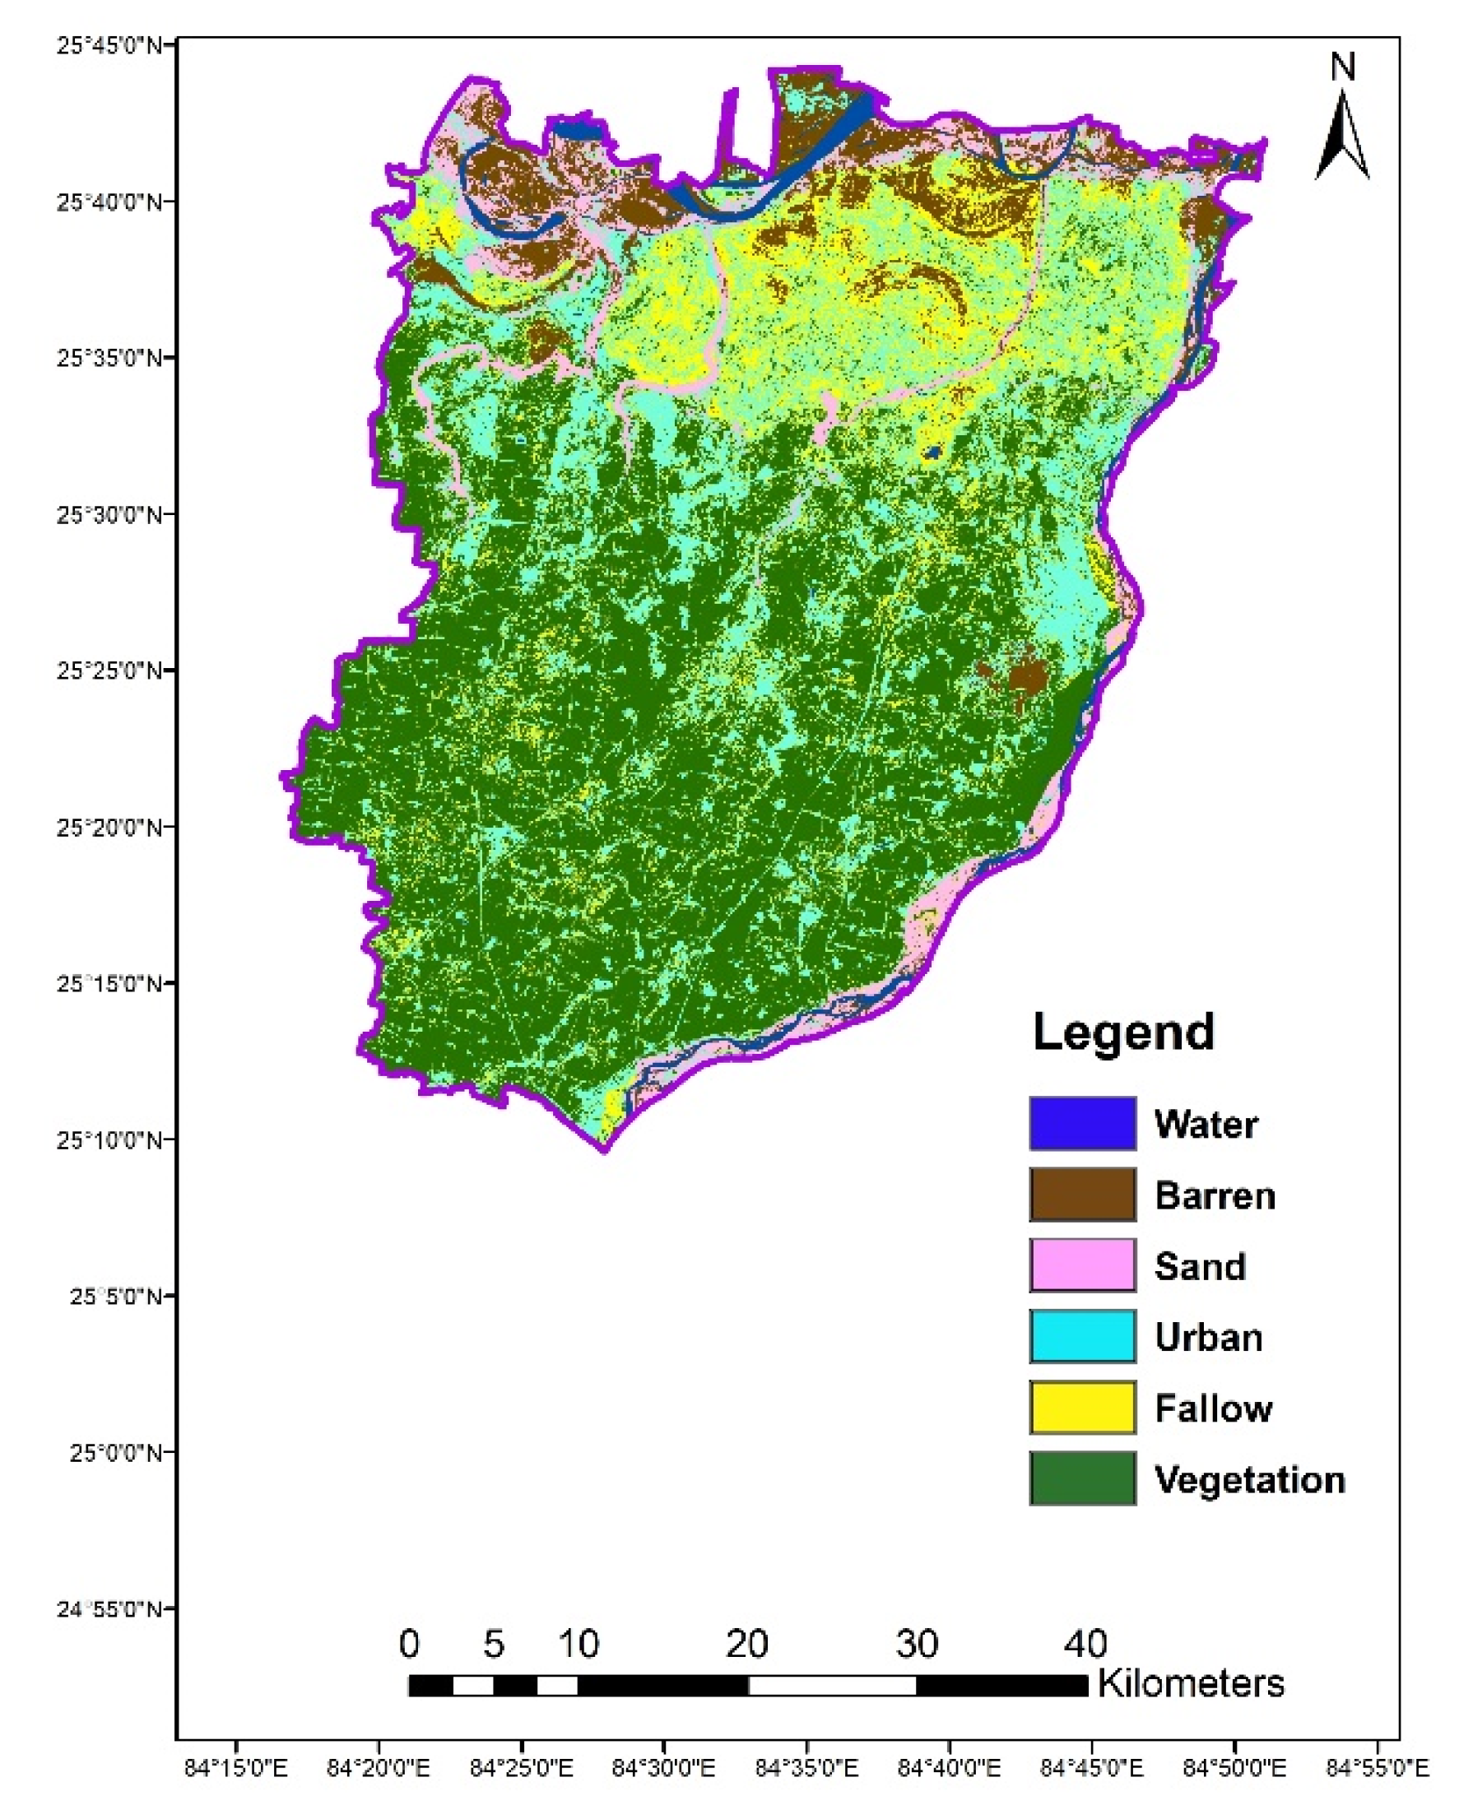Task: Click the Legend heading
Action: (1123, 1032)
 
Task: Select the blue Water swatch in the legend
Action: (1083, 1124)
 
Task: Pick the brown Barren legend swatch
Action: (1083, 1195)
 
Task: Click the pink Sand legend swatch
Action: (1083, 1265)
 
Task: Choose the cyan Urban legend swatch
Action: (1083, 1336)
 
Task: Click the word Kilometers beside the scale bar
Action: (1191, 1684)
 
